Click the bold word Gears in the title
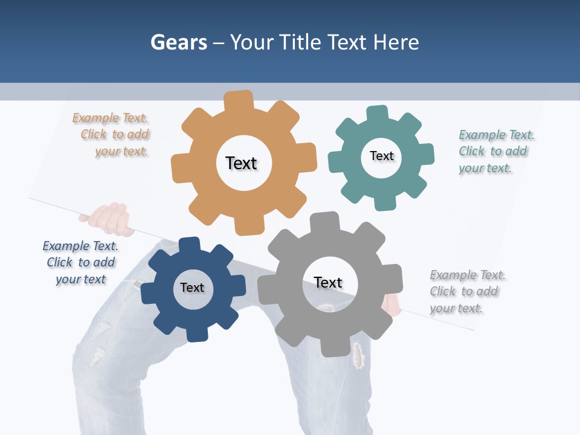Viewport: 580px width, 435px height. (x=178, y=42)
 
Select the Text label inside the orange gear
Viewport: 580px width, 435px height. (x=241, y=163)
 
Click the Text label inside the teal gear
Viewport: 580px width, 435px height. (x=381, y=156)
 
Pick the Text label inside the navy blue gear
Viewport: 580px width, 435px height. (x=192, y=288)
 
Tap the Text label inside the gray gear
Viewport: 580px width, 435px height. (x=328, y=283)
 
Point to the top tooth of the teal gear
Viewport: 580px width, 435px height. (x=378, y=114)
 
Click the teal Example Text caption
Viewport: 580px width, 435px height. (x=493, y=151)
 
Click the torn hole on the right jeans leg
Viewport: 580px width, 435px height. (x=359, y=355)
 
